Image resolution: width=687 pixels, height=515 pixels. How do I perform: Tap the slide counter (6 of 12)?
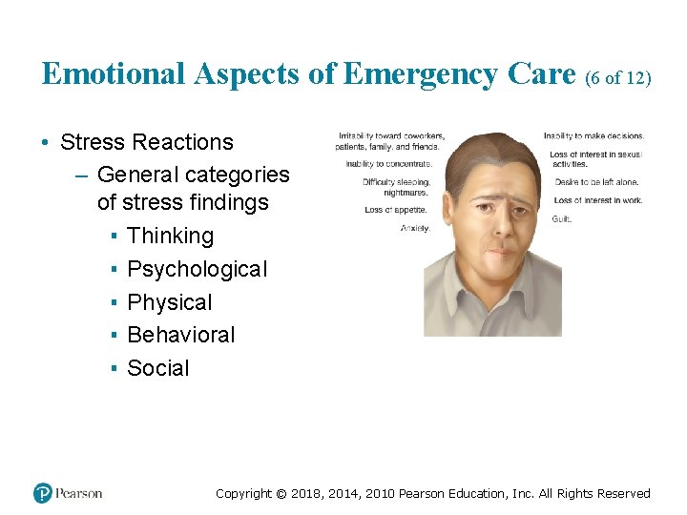click(618, 77)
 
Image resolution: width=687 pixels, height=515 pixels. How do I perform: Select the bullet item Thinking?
click(170, 236)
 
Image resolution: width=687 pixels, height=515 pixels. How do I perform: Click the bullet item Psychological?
click(197, 269)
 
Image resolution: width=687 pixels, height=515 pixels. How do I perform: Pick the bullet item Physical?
click(169, 302)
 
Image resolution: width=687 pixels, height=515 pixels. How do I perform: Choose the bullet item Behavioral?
click(180, 335)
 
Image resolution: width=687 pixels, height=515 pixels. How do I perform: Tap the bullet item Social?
click(157, 368)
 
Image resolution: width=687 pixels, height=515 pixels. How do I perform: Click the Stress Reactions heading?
click(146, 142)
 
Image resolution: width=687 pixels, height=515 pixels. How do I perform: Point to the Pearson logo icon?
click(43, 493)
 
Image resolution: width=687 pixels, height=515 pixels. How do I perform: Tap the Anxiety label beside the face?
click(415, 228)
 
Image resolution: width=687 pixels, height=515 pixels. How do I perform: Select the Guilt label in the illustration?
click(562, 219)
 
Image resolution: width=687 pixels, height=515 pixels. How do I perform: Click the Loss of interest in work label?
click(598, 200)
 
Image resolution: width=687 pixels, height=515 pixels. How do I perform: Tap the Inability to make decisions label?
click(593, 136)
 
